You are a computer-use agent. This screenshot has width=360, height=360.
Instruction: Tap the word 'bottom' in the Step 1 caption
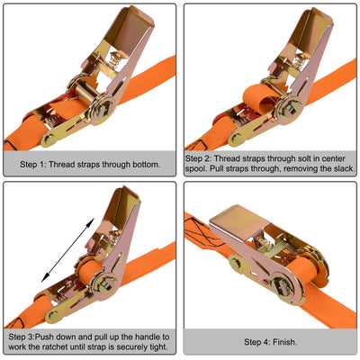pos(141,165)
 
